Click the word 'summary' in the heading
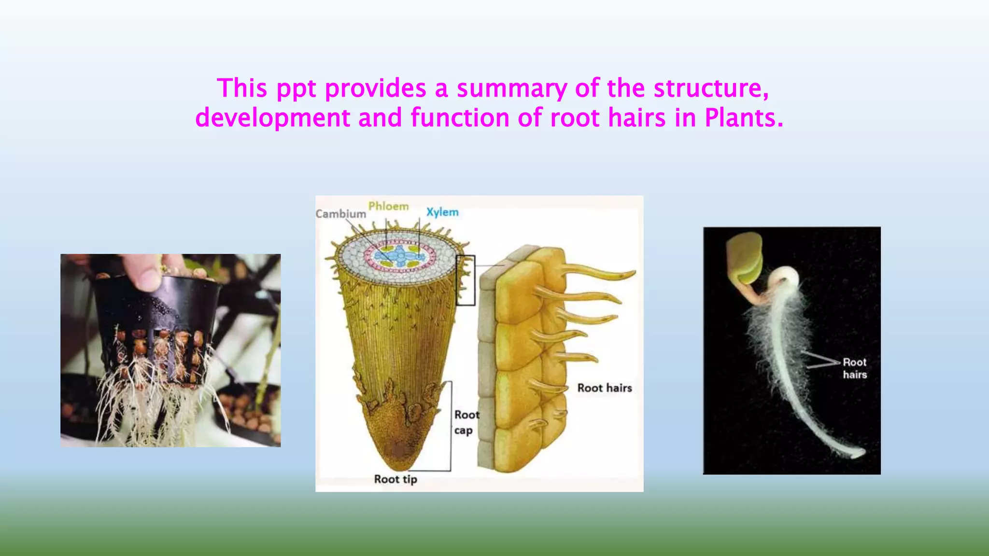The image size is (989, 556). coord(511,89)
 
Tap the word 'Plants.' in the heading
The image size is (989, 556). coord(744,118)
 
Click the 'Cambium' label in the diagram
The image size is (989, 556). coord(340,214)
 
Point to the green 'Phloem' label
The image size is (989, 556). coord(388,207)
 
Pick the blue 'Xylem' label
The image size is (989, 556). coord(442,212)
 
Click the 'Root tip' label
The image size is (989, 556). coord(395,479)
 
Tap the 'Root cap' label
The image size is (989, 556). coord(466,422)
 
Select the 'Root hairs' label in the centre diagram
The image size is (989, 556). coord(604,388)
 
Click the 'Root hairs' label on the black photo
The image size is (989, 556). coord(854,368)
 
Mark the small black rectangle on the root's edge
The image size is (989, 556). coord(466,280)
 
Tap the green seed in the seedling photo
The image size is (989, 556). coord(744,259)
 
